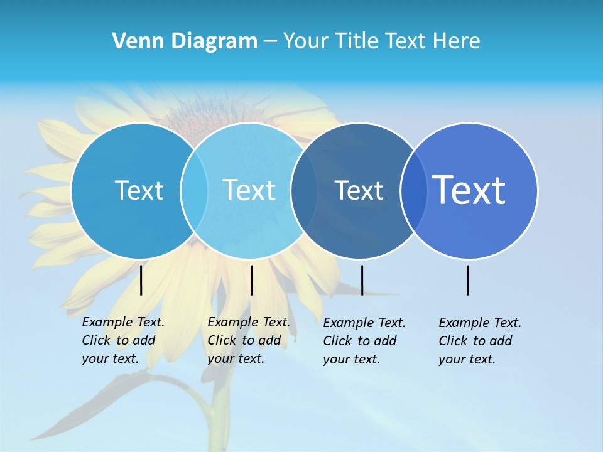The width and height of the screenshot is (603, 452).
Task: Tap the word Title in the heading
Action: [357, 41]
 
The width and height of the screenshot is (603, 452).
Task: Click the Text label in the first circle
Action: [139, 190]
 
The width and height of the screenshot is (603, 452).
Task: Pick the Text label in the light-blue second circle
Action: [249, 190]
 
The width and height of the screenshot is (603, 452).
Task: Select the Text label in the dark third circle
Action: [359, 190]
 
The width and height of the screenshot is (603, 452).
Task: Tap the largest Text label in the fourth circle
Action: [469, 190]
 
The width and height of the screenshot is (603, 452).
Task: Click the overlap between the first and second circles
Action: [194, 190]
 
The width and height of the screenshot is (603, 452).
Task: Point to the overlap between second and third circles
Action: [304, 190]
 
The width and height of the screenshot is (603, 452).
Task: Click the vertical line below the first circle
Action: [141, 280]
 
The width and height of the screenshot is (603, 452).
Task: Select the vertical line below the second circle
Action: [251, 280]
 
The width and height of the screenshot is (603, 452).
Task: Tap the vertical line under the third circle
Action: [362, 280]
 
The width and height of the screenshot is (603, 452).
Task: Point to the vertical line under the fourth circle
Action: [468, 280]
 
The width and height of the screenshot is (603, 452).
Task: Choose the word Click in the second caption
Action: [222, 340]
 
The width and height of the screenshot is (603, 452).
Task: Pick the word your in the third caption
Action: [336, 359]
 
